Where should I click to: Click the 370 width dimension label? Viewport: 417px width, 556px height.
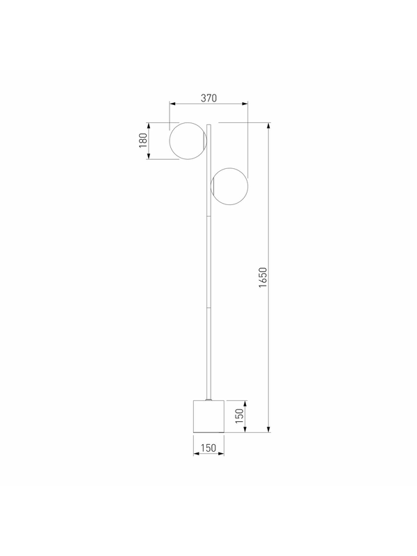click(x=208, y=98)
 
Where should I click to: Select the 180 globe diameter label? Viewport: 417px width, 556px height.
click(x=143, y=140)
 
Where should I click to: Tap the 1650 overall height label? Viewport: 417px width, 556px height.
click(x=263, y=277)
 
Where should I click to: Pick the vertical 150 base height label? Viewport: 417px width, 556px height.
click(x=240, y=416)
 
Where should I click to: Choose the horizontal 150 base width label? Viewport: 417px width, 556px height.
click(x=208, y=448)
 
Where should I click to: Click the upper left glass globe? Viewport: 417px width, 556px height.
click(x=188, y=141)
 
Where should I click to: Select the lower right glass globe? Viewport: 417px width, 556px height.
click(x=229, y=186)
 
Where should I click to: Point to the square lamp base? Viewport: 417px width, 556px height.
click(x=208, y=416)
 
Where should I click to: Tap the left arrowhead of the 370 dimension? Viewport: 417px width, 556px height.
click(x=172, y=104)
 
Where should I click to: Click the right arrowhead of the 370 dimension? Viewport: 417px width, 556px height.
click(x=245, y=104)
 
